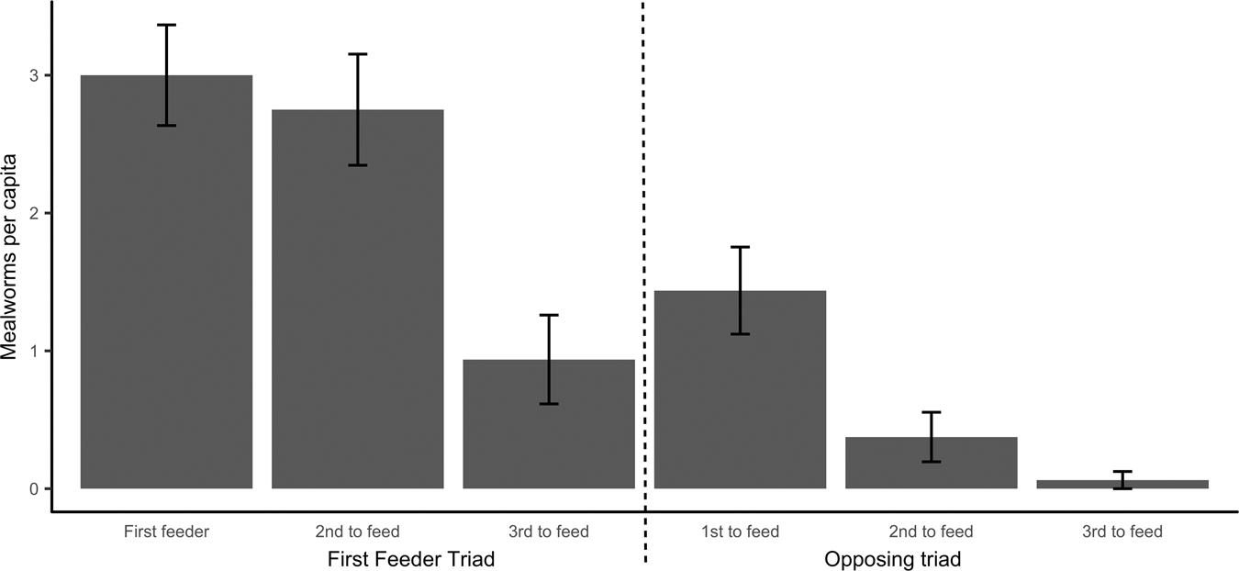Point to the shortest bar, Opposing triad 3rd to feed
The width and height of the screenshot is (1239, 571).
pos(1122,484)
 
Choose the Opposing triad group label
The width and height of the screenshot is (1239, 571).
pos(892,559)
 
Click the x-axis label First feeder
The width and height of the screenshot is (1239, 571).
pos(166,532)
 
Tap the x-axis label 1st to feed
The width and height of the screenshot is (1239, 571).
pos(740,532)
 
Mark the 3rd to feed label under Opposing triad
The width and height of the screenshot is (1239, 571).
pos(1122,532)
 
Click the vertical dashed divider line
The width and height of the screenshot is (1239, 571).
pos(643,275)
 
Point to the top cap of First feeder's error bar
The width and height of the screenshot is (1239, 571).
pos(166,25)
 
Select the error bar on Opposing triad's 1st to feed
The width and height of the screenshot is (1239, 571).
pos(740,290)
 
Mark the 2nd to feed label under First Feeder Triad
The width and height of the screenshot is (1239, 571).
pos(357,532)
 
